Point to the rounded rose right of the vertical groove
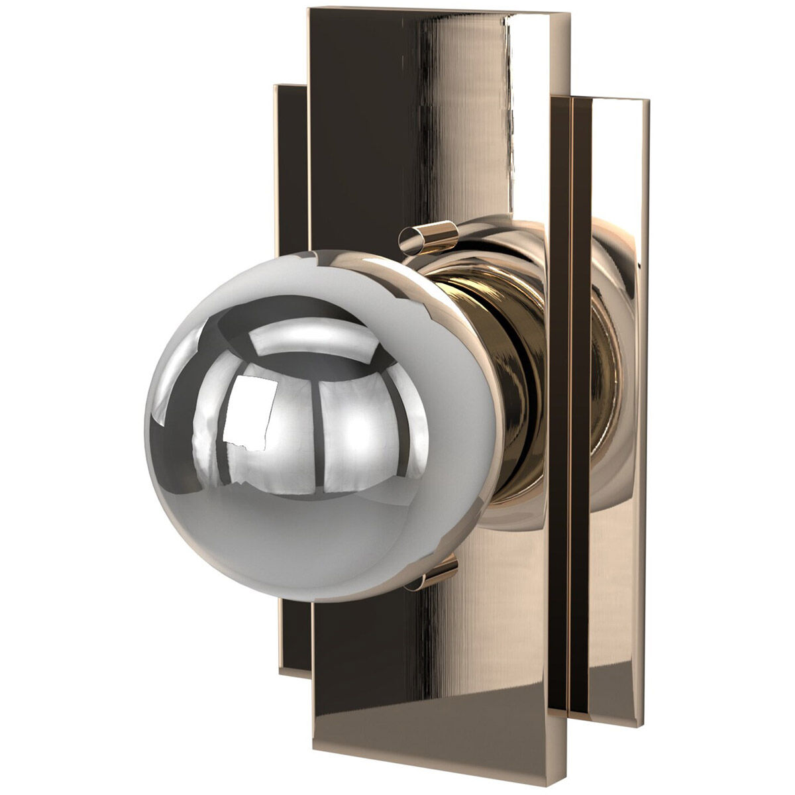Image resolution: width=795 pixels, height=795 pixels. pyautogui.click(x=606, y=371)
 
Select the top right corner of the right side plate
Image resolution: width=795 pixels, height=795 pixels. pyautogui.click(x=647, y=101)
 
